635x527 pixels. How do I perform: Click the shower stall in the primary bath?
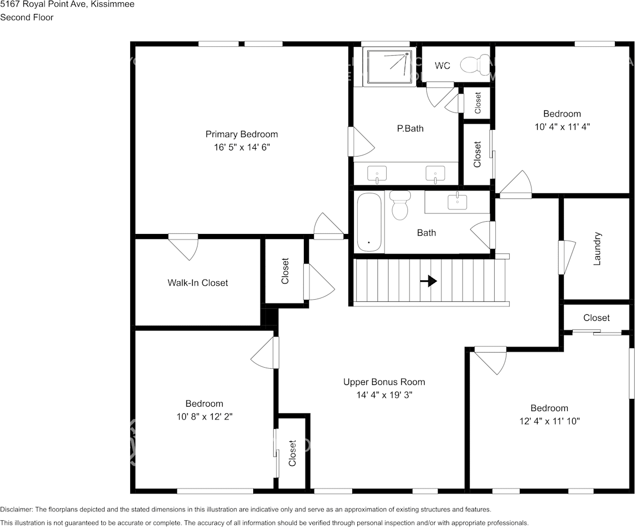pos(389,66)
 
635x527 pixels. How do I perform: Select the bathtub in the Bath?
pos(369,222)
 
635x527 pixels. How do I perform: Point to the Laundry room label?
pos(597,248)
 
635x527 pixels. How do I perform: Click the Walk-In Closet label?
pos(198,283)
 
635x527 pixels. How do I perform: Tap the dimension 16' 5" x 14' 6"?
pos(242,147)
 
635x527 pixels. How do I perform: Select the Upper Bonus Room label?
pos(383,382)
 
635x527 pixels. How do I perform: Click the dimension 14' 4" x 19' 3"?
pos(383,395)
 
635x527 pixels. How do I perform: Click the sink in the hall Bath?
pos(457,200)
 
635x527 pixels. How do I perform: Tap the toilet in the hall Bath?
pos(400,205)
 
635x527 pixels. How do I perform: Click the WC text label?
pos(442,66)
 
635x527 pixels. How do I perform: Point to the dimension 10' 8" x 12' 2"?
pos(204,417)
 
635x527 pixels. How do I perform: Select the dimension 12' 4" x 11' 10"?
pos(549,421)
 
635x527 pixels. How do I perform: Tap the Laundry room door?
pos(565,257)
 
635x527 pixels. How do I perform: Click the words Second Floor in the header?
pos(27,17)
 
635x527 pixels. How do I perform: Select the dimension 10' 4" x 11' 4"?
pos(562,126)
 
